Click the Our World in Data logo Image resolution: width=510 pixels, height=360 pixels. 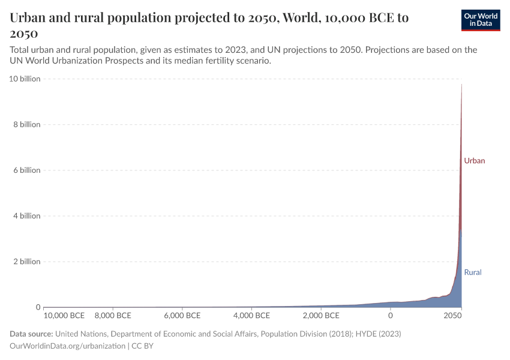coord(480,20)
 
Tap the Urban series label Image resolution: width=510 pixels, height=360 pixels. coord(474,161)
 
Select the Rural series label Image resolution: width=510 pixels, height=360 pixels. coord(473,272)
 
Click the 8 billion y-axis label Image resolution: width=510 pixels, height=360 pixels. coord(23,125)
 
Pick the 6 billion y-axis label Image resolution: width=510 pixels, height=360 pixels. coord(23,170)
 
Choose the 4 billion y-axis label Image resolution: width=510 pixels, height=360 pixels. coord(23,216)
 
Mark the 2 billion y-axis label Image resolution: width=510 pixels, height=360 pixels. coord(23,262)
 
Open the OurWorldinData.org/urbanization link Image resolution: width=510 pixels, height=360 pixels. coord(68,346)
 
